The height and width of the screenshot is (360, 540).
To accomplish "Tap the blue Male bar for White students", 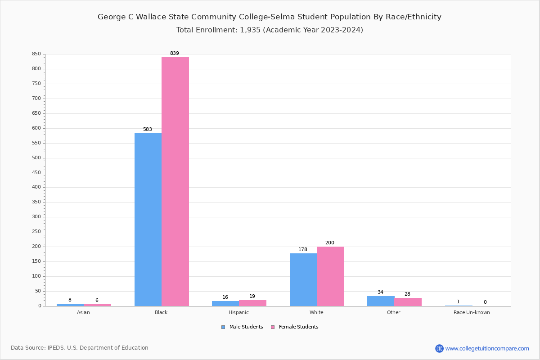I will [303, 279].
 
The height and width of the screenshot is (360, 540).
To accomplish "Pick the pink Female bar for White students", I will [330, 276].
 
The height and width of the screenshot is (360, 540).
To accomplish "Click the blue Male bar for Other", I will [381, 301].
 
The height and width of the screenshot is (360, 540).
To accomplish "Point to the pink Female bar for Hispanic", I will [252, 303].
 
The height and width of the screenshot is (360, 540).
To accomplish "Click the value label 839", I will [175, 54].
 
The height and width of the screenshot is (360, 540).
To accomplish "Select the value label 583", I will [148, 130].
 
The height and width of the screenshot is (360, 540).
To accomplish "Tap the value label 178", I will [303, 250].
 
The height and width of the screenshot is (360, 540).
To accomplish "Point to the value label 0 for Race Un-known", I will [485, 302].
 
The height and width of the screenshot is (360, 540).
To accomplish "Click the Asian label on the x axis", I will [83, 313].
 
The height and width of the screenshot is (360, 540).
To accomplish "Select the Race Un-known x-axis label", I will [472, 313].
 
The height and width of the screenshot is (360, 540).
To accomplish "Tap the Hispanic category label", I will [238, 313].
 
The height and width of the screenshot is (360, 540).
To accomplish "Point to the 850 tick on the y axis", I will [36, 54].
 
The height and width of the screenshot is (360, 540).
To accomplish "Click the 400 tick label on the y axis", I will [36, 187].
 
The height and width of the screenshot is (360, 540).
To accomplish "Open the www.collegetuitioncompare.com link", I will [487, 348].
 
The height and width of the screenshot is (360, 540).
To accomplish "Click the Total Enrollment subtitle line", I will [270, 30].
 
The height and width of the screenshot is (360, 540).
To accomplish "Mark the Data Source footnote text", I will [80, 348].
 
